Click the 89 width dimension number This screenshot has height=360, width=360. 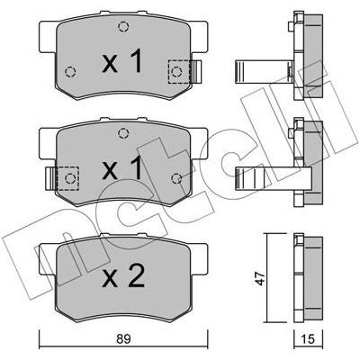pyautogui.click(x=123, y=339)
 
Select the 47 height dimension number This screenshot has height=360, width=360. pyautogui.click(x=260, y=278)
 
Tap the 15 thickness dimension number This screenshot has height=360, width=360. pyautogui.click(x=308, y=339)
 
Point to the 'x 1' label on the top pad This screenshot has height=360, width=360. pyautogui.click(x=121, y=61)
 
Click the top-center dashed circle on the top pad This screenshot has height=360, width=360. pyautogui.click(x=123, y=27)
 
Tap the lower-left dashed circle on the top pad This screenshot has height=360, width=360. pyautogui.click(x=70, y=72)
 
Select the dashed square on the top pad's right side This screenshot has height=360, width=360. pyautogui.click(x=179, y=71)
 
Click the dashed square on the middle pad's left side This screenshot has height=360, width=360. pyautogui.click(x=67, y=178)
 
